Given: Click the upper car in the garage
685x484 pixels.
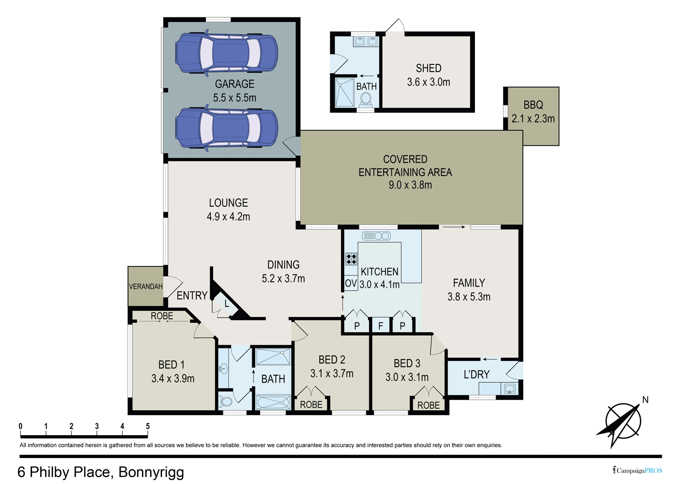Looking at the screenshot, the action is [x=227, y=53].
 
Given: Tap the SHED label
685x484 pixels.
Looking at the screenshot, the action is [x=428, y=68].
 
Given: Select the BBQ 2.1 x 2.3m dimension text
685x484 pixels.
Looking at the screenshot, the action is [x=533, y=119].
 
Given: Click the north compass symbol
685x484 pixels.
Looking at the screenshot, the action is [x=623, y=422].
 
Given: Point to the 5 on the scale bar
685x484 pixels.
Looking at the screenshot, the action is [x=148, y=426].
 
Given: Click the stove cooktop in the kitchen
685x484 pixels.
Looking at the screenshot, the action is [x=351, y=259].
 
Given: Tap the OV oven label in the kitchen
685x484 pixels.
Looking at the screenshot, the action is [x=351, y=283].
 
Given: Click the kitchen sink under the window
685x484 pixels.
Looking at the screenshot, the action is [x=376, y=236].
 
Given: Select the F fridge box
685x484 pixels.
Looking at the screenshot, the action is [x=380, y=325].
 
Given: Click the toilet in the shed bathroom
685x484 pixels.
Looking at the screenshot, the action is [x=365, y=100].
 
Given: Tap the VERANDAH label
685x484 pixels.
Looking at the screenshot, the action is [x=146, y=286].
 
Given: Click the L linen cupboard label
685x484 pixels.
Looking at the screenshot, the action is [x=227, y=304].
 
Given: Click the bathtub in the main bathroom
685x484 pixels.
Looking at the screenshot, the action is [x=273, y=402].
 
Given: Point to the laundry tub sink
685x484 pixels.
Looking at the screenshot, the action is [x=510, y=389].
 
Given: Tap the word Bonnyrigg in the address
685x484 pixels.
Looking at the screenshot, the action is [x=151, y=472].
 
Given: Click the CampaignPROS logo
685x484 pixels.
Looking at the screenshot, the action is [x=637, y=470].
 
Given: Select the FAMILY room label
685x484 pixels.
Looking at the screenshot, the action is [x=469, y=283].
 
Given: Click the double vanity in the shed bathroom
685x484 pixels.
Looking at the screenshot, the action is [x=366, y=41].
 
